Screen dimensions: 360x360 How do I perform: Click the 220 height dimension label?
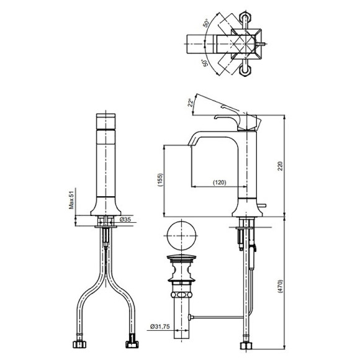(280, 166)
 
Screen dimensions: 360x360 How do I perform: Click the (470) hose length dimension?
(280, 286)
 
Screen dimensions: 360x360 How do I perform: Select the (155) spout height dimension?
(160, 180)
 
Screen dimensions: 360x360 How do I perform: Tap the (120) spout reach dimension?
(220, 182)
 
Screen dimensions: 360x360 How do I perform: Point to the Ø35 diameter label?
(125, 220)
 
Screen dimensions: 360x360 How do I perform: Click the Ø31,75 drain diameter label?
(160, 326)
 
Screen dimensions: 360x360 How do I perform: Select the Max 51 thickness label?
(72, 200)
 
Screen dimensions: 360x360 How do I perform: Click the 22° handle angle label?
(191, 102)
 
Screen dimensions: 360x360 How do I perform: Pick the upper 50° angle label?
(207, 23)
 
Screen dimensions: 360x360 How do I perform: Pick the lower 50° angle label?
(205, 63)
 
